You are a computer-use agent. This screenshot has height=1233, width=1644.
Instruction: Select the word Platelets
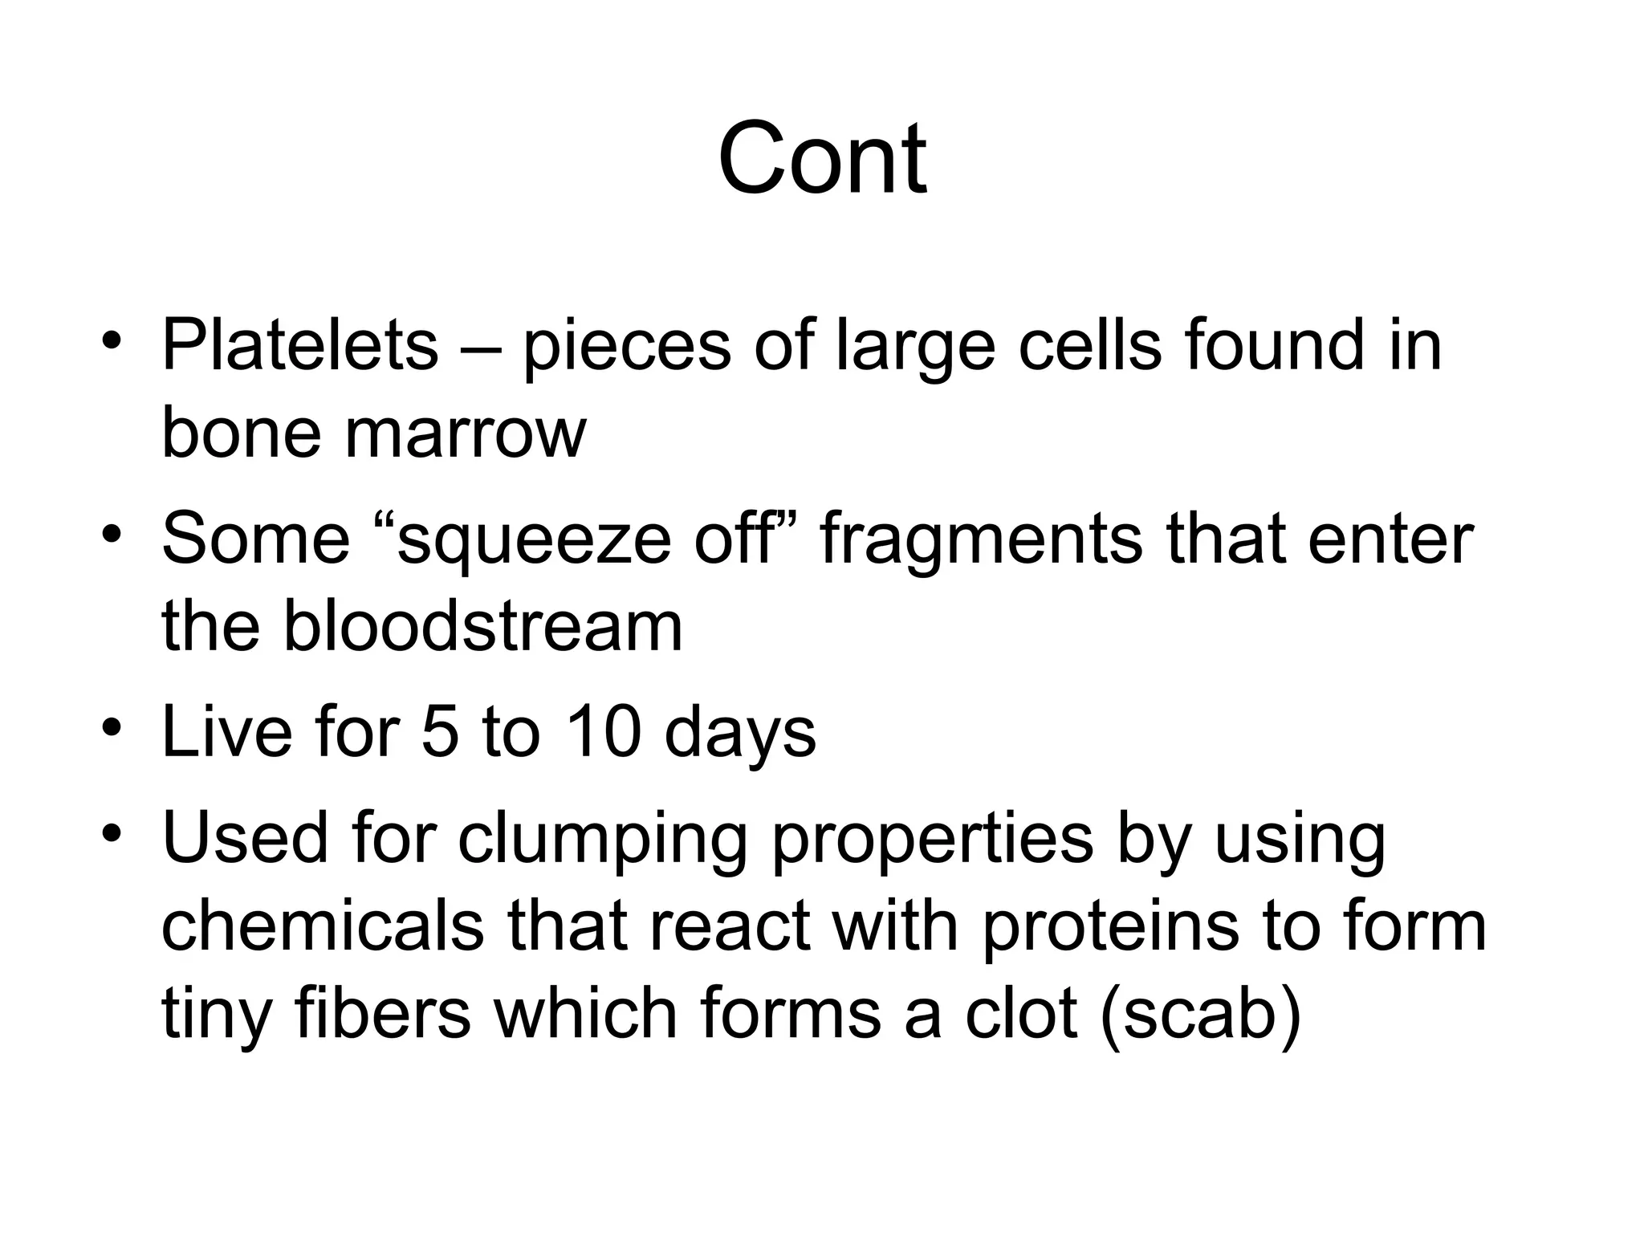[x=299, y=346]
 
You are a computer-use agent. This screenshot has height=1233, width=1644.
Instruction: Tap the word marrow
[x=466, y=434]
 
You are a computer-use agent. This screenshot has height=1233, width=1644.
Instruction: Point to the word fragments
[x=981, y=541]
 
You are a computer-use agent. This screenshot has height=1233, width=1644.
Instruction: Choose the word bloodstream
[x=482, y=627]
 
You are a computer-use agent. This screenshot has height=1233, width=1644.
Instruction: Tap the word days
[x=740, y=735]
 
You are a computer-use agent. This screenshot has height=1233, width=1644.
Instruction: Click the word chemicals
[x=323, y=926]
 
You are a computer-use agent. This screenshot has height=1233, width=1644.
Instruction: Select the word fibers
[x=382, y=1014]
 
